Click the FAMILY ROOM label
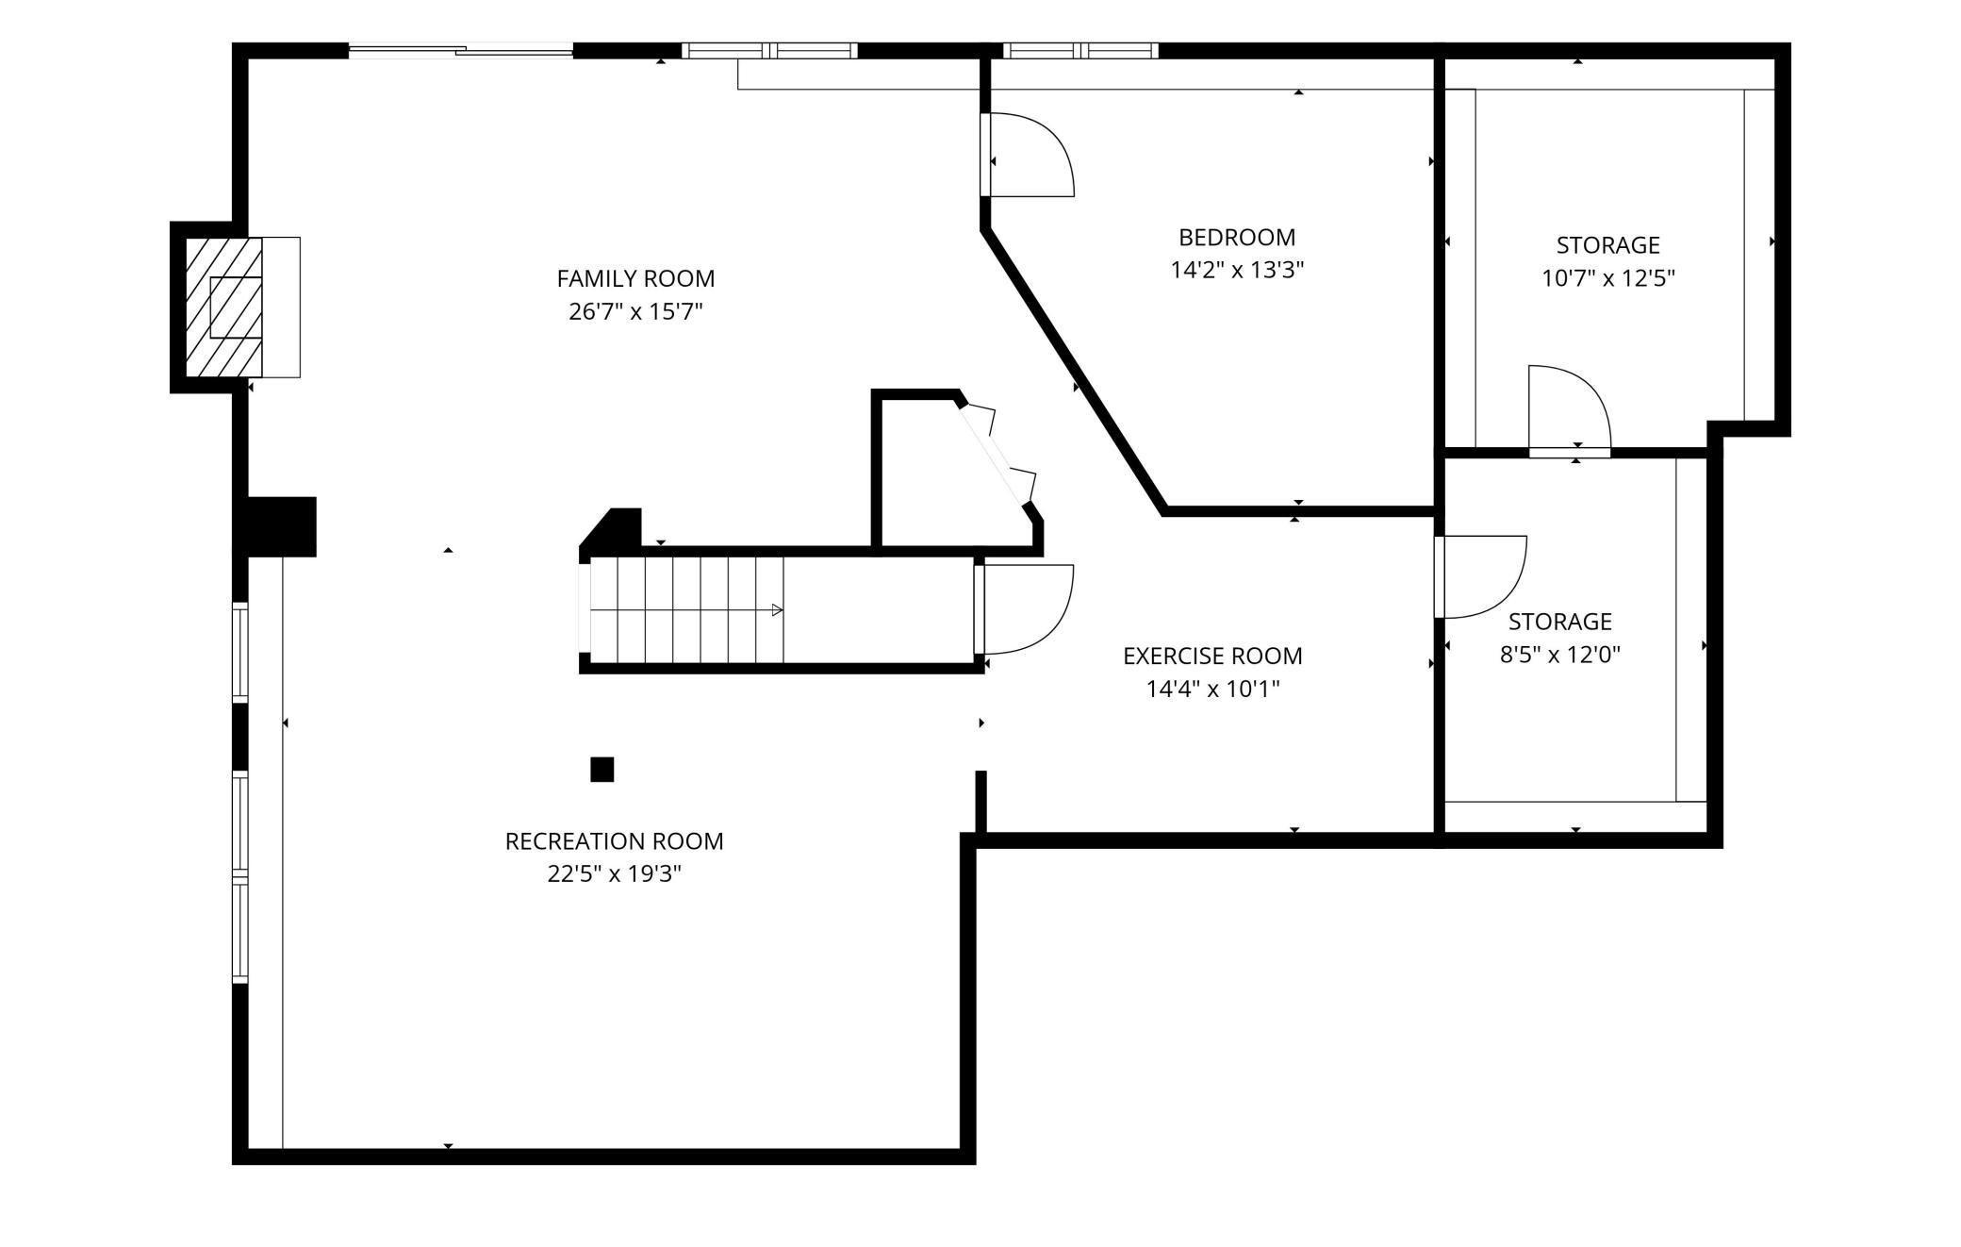tap(635, 279)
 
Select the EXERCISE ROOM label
tap(1212, 656)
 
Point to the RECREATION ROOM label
tap(614, 841)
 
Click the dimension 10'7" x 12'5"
tap(1608, 278)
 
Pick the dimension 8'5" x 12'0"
tap(1560, 655)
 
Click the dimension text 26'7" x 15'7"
tap(635, 311)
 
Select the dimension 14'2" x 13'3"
tap(1237, 271)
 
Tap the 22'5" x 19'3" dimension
tap(614, 874)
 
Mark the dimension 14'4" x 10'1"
tap(1212, 690)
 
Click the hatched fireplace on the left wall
tap(223, 308)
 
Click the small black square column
tap(602, 770)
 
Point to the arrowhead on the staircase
tap(777, 610)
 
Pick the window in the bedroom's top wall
tap(1080, 51)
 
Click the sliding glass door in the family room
tap(461, 51)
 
